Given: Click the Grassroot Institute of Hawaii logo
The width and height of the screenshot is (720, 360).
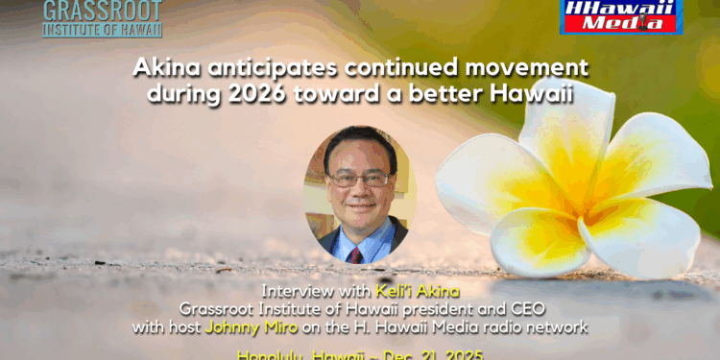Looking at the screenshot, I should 103,17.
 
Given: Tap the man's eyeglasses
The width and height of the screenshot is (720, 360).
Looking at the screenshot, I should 359,179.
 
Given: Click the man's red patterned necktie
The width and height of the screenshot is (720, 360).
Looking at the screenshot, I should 356,252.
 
